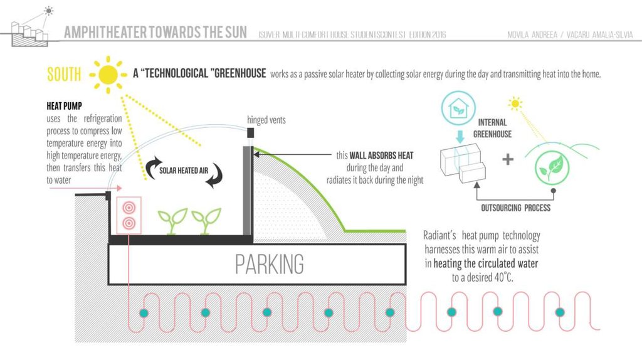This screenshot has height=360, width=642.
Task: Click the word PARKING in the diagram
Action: [269, 264]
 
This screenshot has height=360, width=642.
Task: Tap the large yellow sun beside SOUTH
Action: [108, 73]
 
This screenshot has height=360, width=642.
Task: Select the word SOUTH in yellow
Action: [64, 75]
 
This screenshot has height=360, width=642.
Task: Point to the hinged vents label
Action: [266, 119]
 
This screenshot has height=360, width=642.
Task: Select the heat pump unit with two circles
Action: [129, 214]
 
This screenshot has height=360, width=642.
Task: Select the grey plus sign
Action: [507, 159]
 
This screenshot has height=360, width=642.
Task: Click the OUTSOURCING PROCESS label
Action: [515, 208]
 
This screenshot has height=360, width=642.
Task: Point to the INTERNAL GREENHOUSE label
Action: [492, 128]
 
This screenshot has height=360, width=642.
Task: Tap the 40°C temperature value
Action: [501, 277]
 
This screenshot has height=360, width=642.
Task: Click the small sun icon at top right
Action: [515, 102]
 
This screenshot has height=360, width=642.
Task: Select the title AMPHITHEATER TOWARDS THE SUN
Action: [155, 32]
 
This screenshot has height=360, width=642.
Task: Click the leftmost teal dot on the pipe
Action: [144, 312]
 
